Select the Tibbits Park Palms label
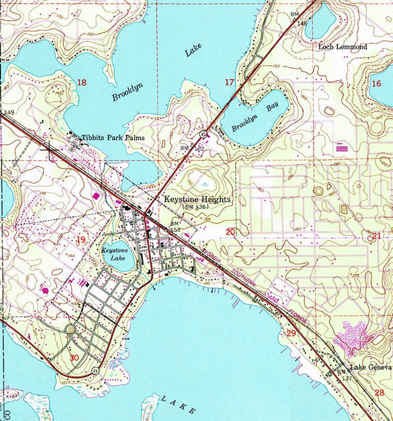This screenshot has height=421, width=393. point(113,137)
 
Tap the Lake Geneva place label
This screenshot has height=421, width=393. point(371,368)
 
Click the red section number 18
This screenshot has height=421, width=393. point(82,83)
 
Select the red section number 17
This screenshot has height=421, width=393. point(229,82)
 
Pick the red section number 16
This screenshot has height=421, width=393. point(376,84)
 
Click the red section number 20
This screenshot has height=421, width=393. point(230,232)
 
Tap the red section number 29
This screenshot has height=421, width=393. point(291,334)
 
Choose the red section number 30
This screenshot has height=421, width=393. point(74,358)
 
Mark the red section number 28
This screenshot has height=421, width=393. point(380,393)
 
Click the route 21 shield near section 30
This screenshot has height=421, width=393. point(96,370)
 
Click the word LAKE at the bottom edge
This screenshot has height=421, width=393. point(178,404)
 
